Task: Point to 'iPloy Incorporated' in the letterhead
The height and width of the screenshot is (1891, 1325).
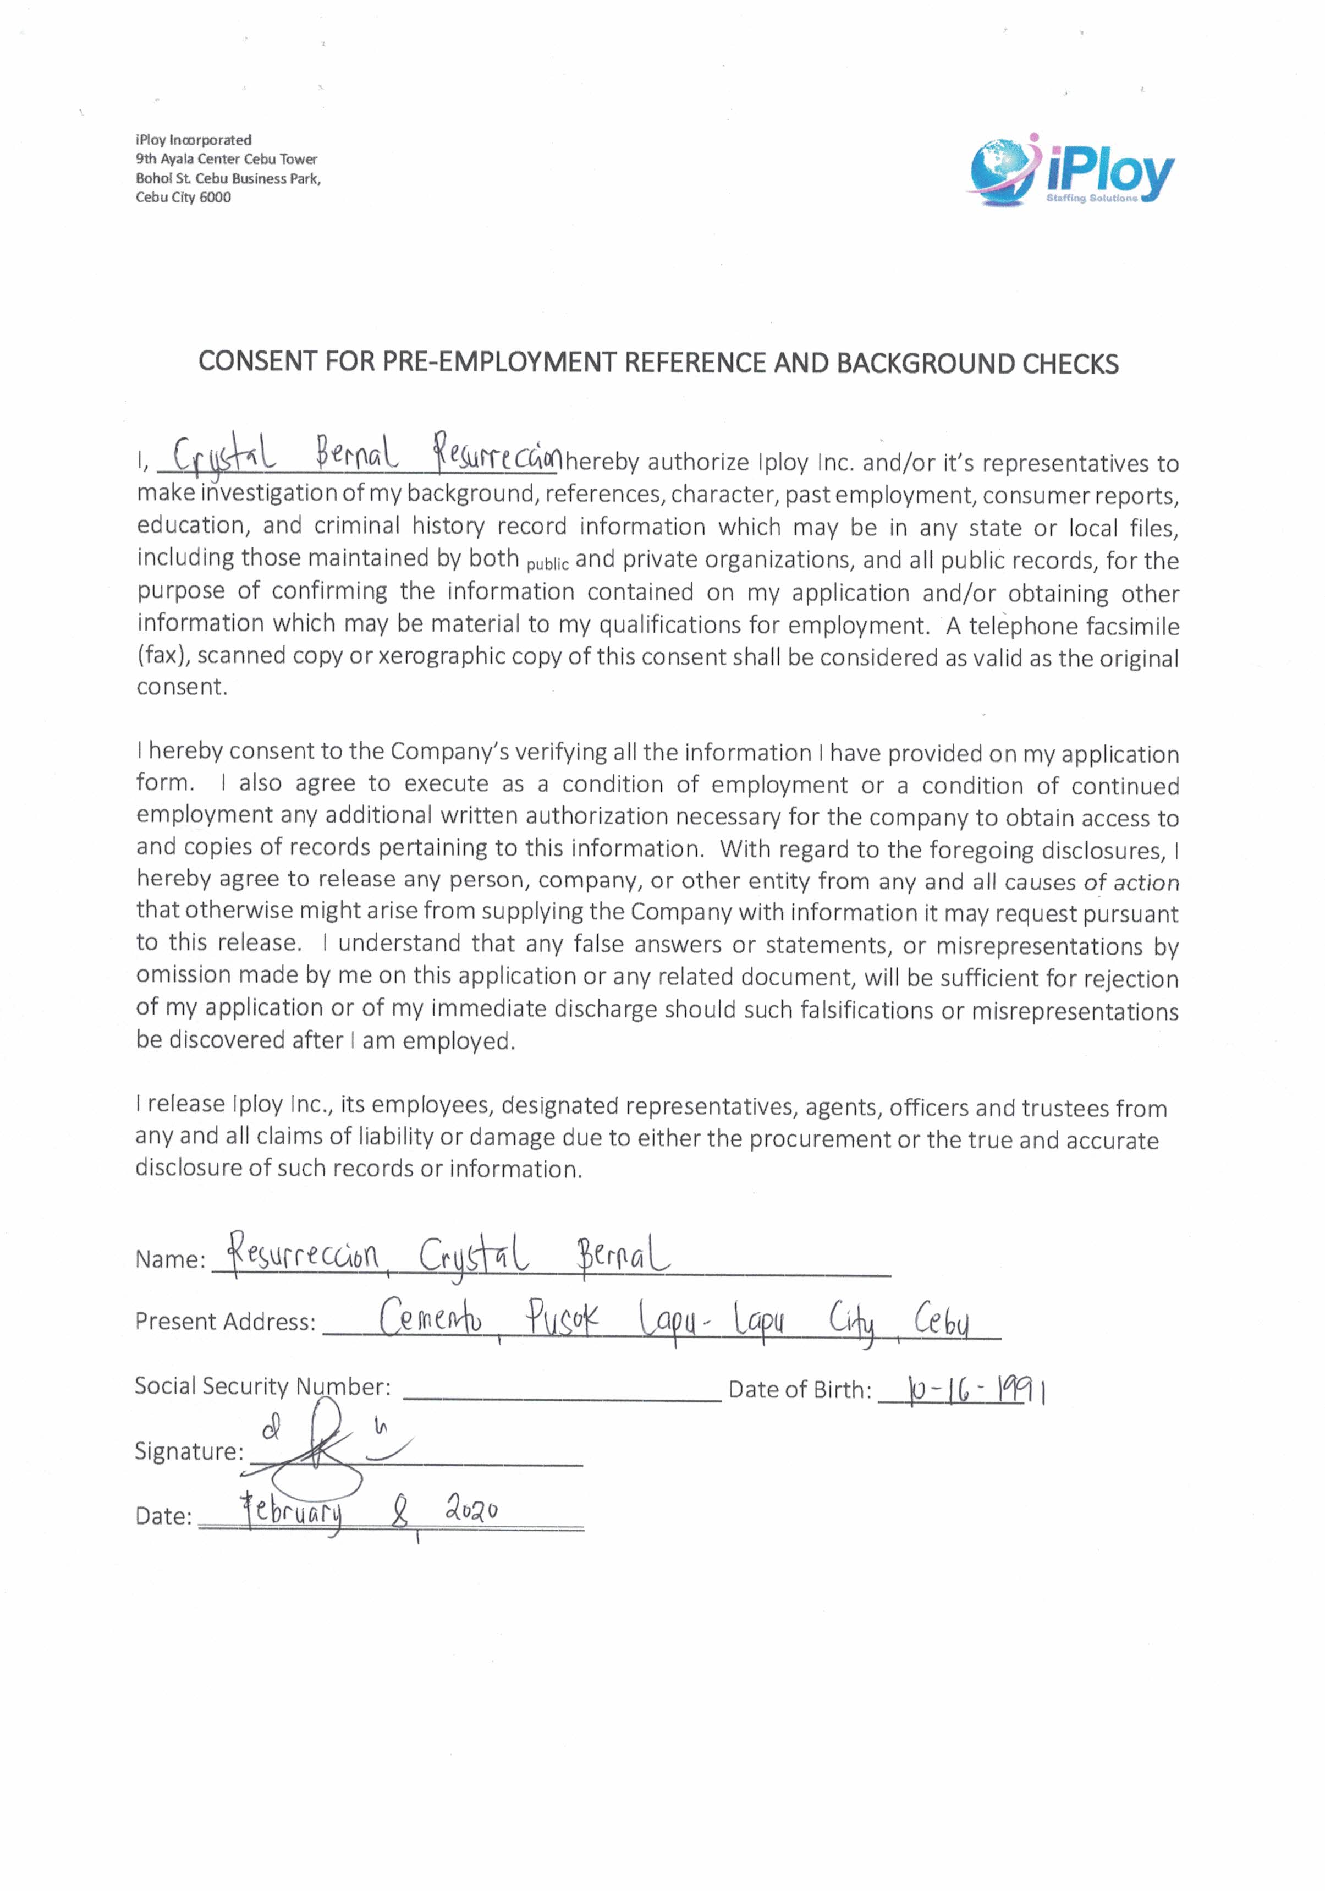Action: [194, 140]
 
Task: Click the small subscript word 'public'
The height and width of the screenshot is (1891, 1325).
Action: [547, 565]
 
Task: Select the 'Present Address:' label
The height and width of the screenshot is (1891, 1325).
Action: [225, 1322]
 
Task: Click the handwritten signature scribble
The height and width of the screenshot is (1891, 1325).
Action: [325, 1456]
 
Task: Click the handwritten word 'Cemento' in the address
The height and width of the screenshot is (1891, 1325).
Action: [431, 1320]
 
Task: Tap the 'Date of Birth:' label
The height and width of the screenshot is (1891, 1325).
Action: [799, 1390]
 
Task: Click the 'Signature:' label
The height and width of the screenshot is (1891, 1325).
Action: [189, 1451]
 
